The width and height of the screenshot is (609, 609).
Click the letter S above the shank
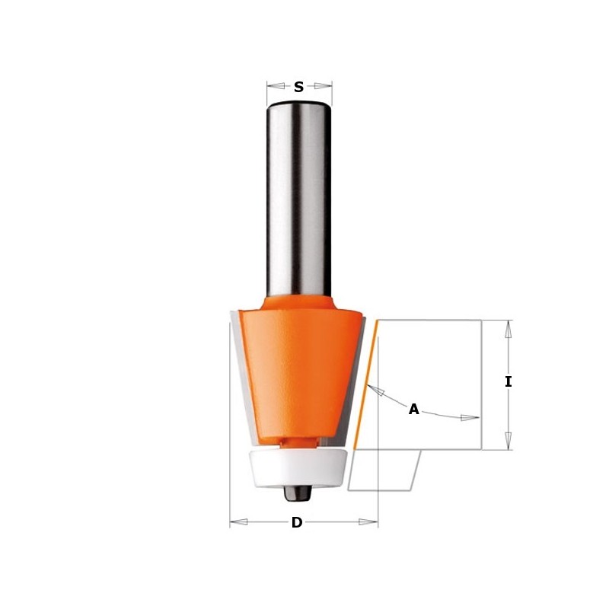coord(298,88)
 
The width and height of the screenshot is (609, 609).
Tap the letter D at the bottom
coord(297,522)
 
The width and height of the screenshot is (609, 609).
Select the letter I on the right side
coord(509,382)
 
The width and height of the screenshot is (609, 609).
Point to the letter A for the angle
coord(413,410)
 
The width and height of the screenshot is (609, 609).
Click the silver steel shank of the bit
coord(298,198)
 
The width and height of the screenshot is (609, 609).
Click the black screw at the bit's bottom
coord(298,492)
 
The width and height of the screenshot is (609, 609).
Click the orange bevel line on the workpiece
coord(366,384)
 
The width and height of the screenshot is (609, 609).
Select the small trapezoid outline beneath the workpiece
coord(384,470)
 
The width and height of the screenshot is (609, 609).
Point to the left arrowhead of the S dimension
coord(273,86)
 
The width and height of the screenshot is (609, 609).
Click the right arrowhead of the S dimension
coord(326,86)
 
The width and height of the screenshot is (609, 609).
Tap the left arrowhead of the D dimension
coord(236,522)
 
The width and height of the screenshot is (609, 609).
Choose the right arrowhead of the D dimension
coord(371,522)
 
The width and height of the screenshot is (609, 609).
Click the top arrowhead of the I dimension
coord(509,327)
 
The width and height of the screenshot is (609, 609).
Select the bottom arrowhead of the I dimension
coord(509,442)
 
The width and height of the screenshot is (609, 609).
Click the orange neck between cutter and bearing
coord(298,441)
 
